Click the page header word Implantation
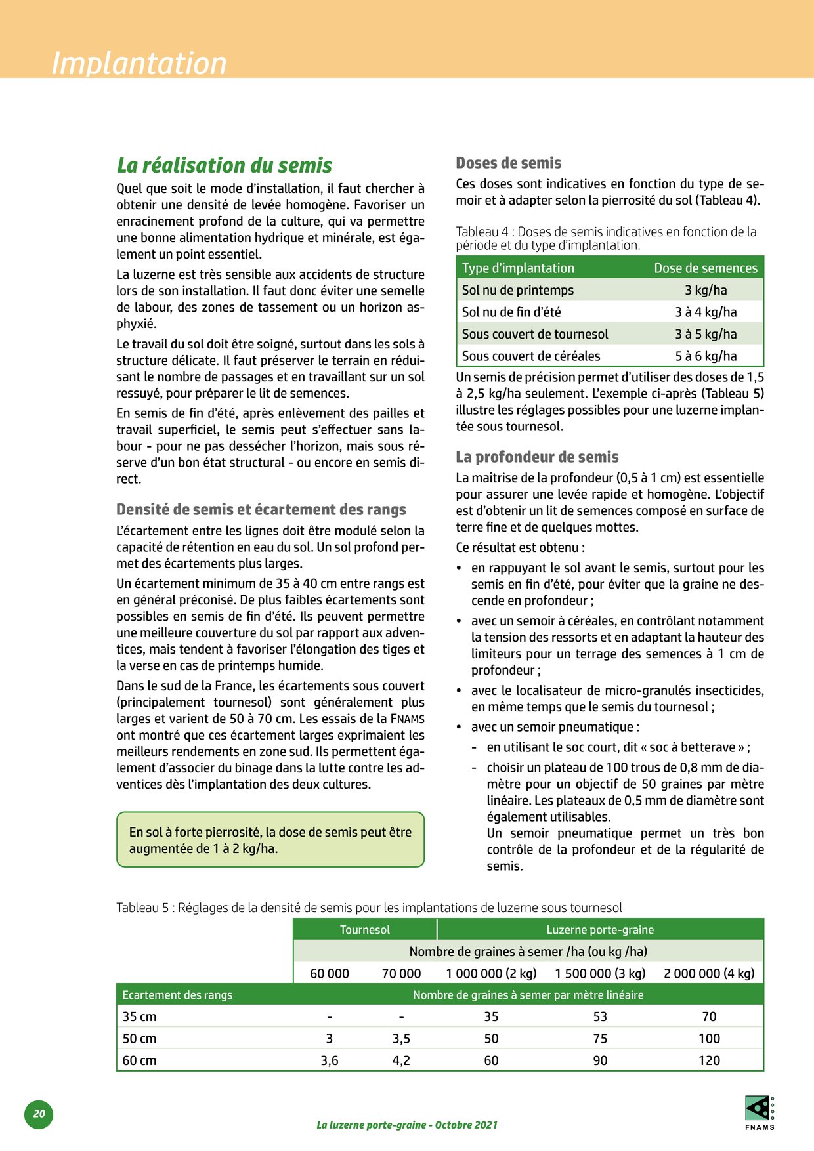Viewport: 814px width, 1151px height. click(139, 64)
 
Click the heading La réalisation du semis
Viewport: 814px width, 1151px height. click(224, 165)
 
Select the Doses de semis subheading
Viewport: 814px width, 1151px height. click(508, 163)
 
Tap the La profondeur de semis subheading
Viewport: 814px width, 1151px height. click(537, 457)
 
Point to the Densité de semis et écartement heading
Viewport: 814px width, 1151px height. click(261, 509)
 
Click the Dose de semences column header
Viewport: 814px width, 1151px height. click(705, 268)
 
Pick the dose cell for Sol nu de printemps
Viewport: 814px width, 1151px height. click(705, 290)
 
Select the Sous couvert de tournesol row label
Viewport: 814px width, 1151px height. click(534, 334)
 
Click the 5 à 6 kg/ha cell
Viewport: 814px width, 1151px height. click(705, 356)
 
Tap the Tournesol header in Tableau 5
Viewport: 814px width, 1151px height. click(364, 929)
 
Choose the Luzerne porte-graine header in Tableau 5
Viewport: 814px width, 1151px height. click(599, 929)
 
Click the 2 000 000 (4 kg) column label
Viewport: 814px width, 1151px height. click(709, 973)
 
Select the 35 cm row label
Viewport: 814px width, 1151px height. click(139, 1016)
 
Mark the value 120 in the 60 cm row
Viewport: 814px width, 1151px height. click(709, 1060)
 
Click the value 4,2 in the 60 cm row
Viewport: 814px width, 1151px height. click(401, 1060)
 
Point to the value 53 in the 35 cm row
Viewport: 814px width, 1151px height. click(599, 1016)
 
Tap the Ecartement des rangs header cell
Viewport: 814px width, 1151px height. click(177, 995)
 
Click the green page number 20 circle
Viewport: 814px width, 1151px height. click(39, 1114)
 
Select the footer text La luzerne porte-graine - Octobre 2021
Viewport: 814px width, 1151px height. click(406, 1125)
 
